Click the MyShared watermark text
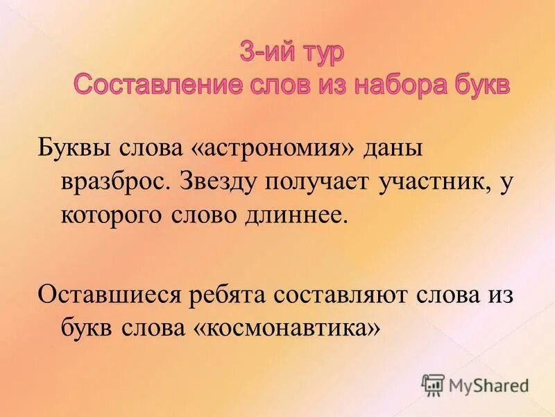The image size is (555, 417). tap(489, 384)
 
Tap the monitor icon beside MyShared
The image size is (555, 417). tap(433, 384)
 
